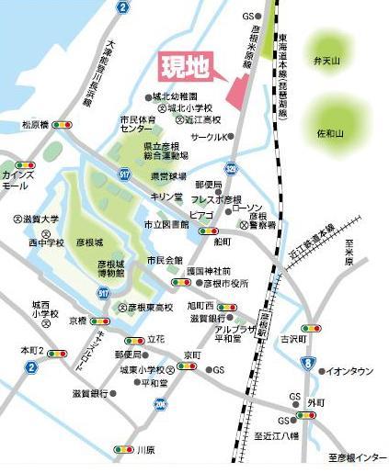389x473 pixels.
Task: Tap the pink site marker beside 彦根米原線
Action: pos(236,90)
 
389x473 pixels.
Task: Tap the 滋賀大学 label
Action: pos(40,220)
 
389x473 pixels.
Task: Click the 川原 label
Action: pos(145,450)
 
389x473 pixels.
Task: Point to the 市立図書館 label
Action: pos(166,224)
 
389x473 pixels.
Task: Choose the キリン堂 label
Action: pos(166,197)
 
